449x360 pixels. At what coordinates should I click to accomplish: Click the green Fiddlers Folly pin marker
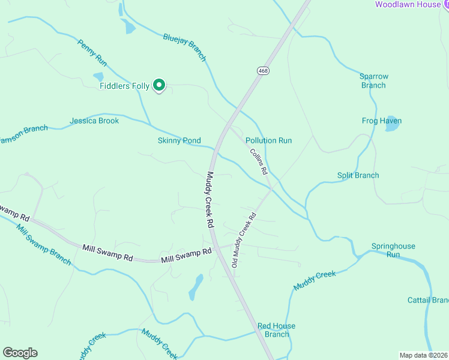coord(159,86)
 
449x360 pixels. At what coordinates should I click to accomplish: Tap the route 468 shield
coord(264,71)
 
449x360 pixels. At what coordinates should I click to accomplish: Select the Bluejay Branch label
coord(185,47)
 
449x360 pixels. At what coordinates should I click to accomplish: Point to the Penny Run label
coord(92,53)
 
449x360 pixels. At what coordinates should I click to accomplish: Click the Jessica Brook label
coord(94,121)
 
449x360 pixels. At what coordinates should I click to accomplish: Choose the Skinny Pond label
coord(179,140)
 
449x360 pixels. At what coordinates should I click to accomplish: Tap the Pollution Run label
coord(268,140)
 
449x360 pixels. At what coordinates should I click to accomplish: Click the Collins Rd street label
coord(259,161)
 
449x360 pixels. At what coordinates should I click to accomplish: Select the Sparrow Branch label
coord(374,81)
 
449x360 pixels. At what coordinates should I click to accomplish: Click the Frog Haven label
coord(382,121)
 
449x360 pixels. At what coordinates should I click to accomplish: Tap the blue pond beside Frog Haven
coord(392,124)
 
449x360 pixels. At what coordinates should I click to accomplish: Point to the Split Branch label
coord(358,175)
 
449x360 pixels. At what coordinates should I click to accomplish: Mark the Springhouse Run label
coord(393,250)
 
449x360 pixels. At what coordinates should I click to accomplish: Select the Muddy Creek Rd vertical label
coord(210,200)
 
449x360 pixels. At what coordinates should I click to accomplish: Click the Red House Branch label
coord(277,330)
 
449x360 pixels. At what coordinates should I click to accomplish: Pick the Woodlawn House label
coord(408,5)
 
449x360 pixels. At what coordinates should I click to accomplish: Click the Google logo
coord(20,353)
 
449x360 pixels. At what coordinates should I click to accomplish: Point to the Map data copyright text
coord(423,355)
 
